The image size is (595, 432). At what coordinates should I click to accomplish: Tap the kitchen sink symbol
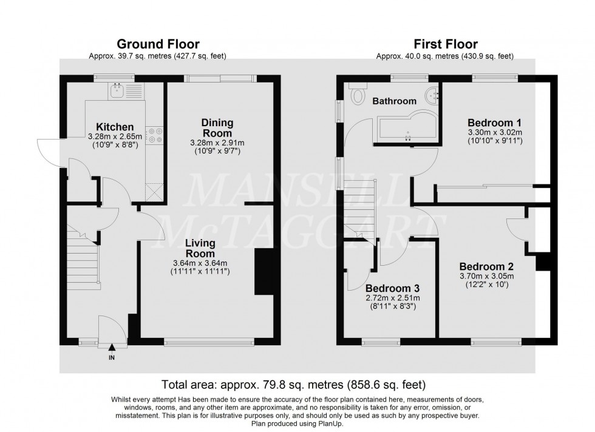pyautogui.click(x=117, y=91)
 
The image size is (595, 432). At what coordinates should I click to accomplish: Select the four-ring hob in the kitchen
pyautogui.click(x=156, y=135)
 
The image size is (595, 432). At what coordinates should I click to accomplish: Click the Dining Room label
pyautogui.click(x=217, y=127)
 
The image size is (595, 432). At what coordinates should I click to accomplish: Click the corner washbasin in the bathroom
pyautogui.click(x=432, y=93)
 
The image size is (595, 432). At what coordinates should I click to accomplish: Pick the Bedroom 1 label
pyautogui.click(x=494, y=121)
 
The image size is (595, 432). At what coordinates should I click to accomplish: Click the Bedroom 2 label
pyautogui.click(x=486, y=266)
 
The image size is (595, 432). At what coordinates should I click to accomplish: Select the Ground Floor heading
pyautogui.click(x=158, y=44)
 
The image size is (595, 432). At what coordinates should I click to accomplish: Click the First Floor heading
pyautogui.click(x=445, y=44)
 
